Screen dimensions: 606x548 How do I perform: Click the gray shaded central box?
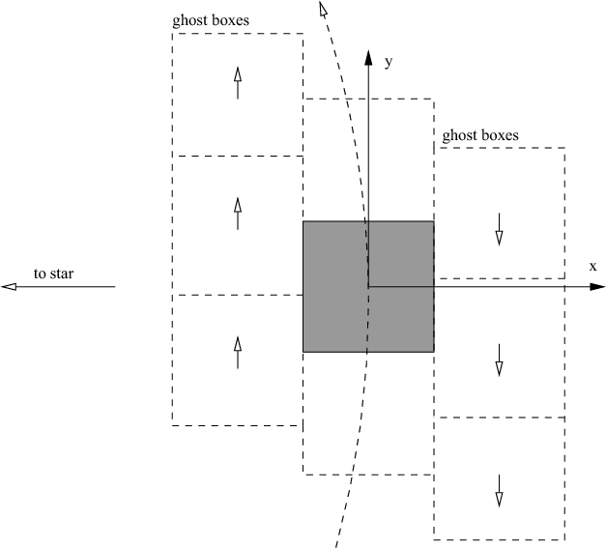pos(368,286)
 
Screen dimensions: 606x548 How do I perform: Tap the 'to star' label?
pos(53,274)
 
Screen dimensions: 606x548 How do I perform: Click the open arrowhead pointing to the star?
pos(9,287)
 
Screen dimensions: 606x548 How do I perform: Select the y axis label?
pos(389,62)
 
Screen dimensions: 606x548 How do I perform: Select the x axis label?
pos(592,267)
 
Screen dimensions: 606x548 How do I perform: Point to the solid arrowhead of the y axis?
pos(368,58)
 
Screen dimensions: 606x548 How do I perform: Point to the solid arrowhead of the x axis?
pos(597,287)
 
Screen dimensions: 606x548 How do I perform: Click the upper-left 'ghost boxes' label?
pos(211,20)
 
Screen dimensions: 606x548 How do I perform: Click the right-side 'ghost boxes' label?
pos(480,135)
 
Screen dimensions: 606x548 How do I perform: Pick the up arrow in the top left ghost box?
pos(238,83)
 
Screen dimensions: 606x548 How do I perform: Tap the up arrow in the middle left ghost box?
pos(238,214)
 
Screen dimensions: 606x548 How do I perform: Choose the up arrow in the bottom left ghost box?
pos(238,353)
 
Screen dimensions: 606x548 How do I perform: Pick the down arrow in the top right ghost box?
pos(499,229)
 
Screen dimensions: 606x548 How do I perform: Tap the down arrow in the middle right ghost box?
pos(499,361)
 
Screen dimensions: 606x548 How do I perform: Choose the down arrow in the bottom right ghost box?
pos(499,491)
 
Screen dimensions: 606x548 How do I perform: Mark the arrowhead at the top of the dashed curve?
pos(323,10)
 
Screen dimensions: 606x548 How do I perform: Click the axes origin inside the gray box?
pos(368,287)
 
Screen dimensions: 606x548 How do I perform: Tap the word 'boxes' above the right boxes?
pos(501,135)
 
